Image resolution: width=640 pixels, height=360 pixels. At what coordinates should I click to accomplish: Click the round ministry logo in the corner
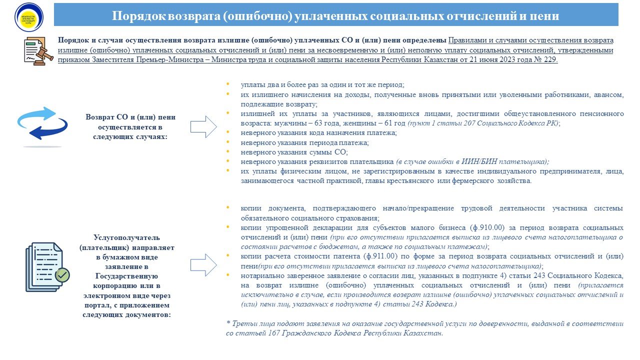click(x=29, y=17)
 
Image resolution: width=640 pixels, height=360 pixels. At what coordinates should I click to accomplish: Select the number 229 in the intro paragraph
click(x=549, y=59)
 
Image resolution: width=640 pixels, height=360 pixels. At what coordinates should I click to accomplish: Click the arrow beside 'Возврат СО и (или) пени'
click(x=203, y=127)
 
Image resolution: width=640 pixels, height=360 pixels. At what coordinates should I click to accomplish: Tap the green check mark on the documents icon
click(x=62, y=274)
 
